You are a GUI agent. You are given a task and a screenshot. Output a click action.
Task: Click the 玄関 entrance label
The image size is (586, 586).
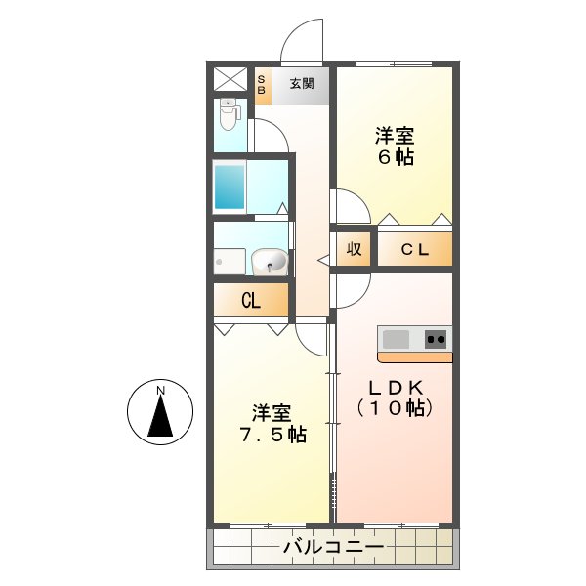point(302,84)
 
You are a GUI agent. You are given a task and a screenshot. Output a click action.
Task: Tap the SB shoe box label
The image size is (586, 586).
point(261,84)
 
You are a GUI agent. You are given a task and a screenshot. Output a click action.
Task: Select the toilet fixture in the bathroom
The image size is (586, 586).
point(229,116)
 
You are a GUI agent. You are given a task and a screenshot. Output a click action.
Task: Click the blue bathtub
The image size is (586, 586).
point(230,186)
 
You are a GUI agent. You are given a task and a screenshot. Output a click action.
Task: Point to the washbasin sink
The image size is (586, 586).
point(269,262)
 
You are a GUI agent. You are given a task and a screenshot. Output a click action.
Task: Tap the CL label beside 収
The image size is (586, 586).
point(416,250)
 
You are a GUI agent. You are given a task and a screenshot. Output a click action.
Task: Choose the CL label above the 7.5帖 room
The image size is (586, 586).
point(251,301)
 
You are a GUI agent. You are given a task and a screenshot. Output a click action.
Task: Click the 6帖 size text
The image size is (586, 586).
point(396,156)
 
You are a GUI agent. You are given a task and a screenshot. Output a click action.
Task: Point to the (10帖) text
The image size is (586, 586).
point(394,409)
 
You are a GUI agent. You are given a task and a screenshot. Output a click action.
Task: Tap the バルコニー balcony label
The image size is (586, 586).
point(332,547)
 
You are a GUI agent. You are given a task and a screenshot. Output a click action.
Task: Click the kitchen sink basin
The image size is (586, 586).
point(396,339)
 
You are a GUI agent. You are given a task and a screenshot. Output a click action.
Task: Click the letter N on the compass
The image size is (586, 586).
point(162,392)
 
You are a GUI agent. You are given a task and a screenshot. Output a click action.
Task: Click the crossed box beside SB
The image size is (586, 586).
point(230,78)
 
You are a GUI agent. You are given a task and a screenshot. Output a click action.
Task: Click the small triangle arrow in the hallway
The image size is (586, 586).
point(323,260)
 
